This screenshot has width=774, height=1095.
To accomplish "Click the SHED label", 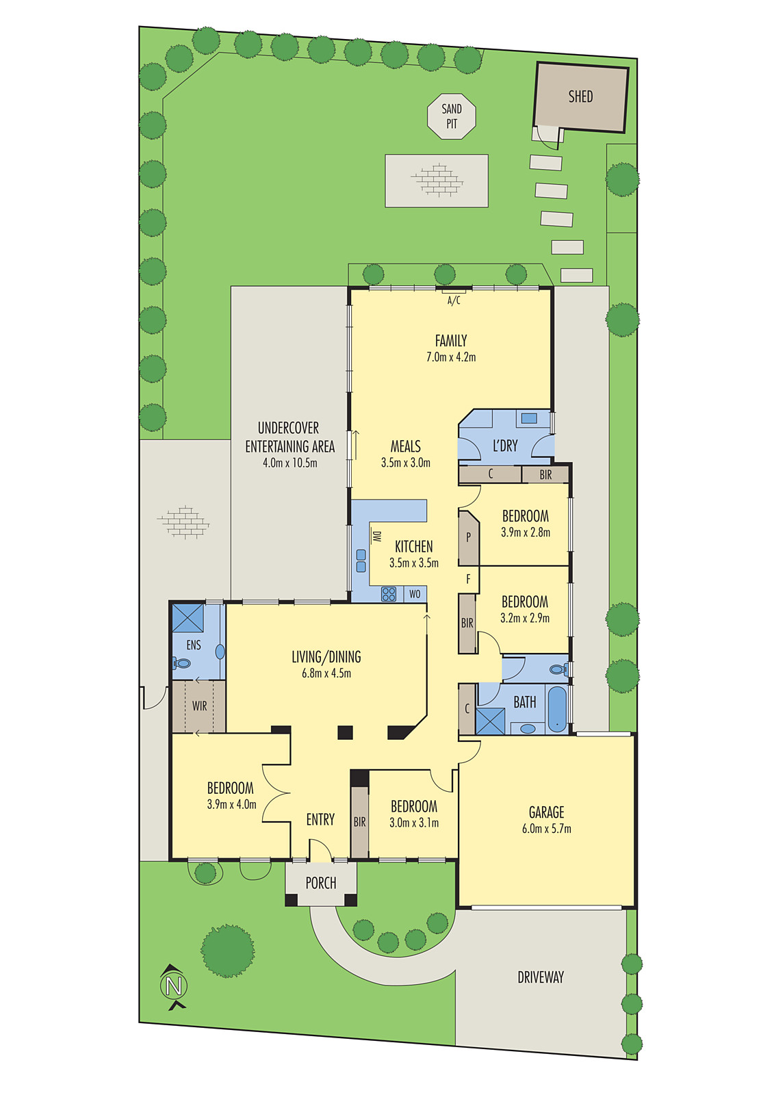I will click(x=580, y=96).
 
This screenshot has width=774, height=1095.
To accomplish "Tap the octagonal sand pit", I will click(x=452, y=116).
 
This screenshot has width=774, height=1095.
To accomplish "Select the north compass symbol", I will click(x=174, y=987).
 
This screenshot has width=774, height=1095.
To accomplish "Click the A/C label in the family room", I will click(x=454, y=300).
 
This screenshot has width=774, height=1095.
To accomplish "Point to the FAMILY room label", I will click(x=451, y=341).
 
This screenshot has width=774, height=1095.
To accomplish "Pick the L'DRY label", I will click(x=505, y=446).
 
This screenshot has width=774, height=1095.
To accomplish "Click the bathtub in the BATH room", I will click(x=558, y=709).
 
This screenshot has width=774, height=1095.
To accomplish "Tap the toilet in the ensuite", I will click(x=182, y=662).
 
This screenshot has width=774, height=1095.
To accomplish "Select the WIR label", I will click(x=199, y=706).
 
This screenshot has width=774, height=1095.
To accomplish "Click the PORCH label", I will click(x=321, y=883).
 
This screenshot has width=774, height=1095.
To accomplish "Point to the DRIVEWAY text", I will click(x=541, y=977).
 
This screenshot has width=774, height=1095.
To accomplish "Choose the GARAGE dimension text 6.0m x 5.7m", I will click(x=546, y=829).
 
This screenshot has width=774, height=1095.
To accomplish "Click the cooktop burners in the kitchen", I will click(x=389, y=593).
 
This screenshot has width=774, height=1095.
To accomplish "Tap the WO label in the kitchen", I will click(x=415, y=594).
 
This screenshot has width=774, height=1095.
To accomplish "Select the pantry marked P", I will click(x=468, y=537).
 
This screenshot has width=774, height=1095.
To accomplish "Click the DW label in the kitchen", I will click(x=376, y=537).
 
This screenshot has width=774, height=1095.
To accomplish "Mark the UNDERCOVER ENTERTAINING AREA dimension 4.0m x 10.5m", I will click(x=289, y=463).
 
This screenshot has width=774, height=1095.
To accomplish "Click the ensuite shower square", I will click(x=188, y=618).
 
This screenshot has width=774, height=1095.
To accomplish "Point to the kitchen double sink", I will click(x=361, y=561).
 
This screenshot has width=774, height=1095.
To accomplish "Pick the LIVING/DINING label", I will click(x=326, y=657).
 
